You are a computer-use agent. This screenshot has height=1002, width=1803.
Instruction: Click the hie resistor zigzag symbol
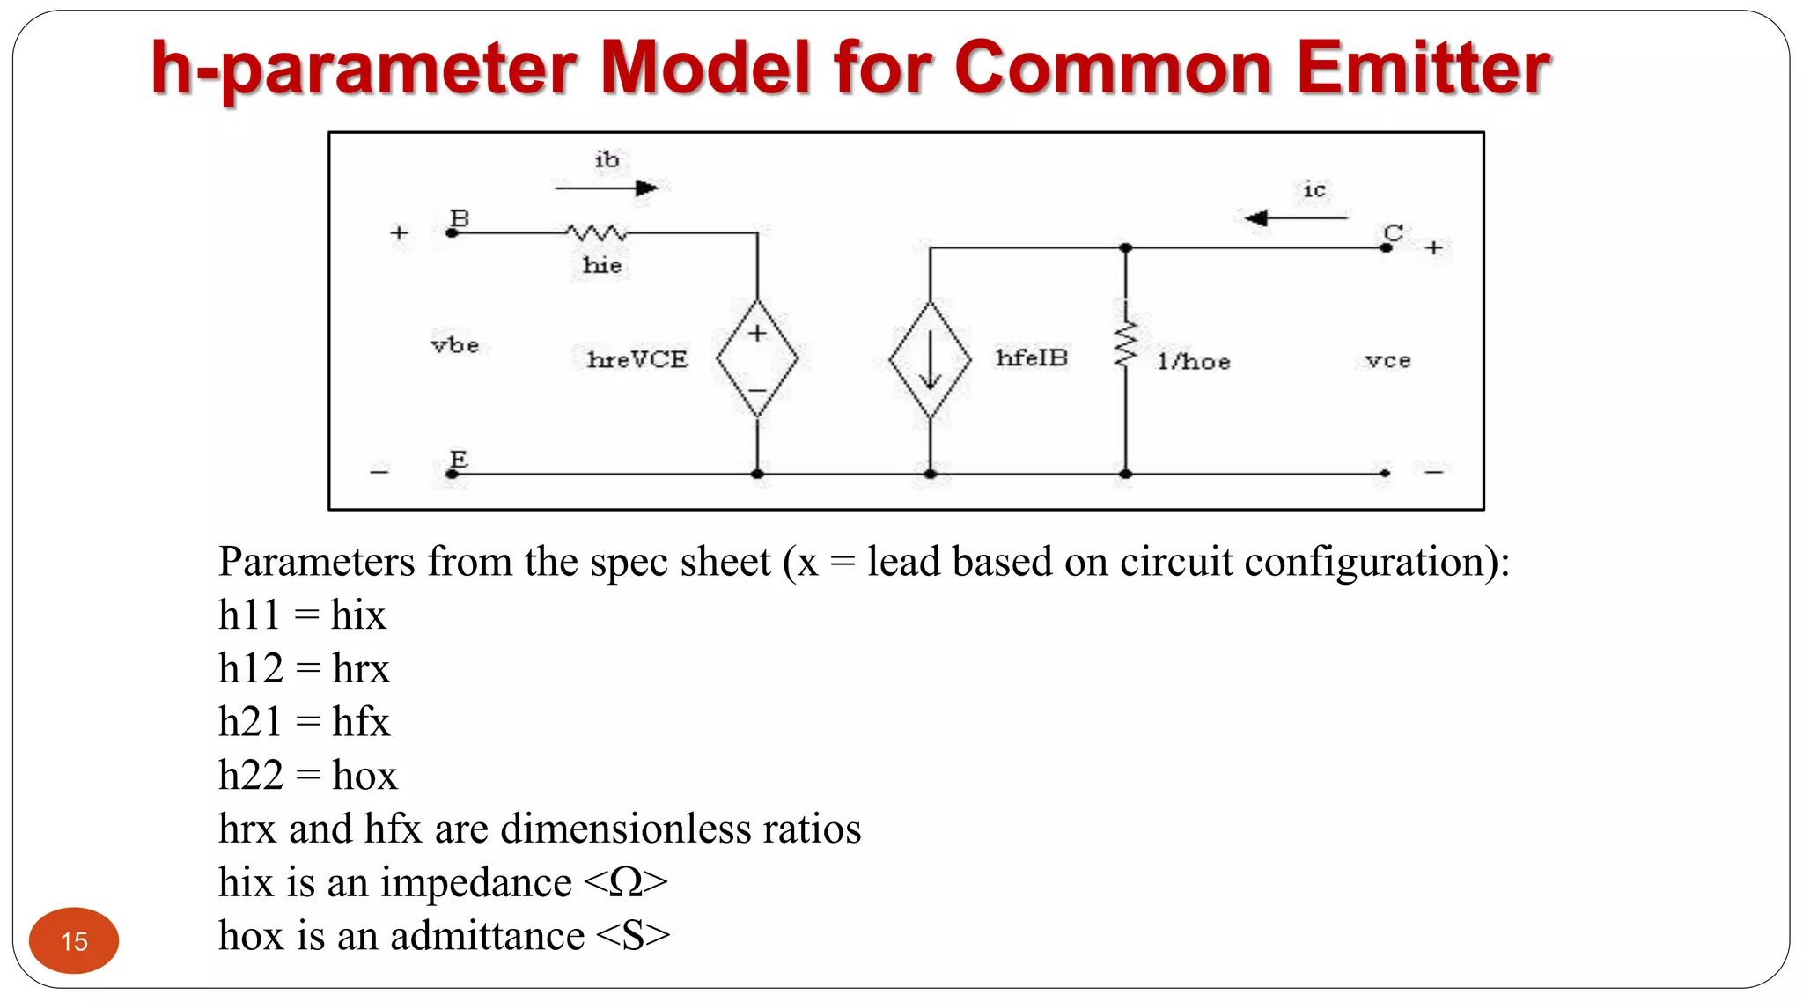597,233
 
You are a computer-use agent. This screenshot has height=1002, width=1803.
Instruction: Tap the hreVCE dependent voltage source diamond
757,358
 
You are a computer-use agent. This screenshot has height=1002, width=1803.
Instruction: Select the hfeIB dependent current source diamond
930,359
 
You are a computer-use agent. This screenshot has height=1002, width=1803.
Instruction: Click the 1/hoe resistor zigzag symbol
1125,345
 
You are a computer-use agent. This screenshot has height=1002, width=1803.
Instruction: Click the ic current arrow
1295,217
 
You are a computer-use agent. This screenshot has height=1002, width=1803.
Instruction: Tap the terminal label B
460,217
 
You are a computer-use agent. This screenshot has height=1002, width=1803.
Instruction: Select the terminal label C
1393,232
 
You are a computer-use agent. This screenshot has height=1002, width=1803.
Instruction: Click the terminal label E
459,459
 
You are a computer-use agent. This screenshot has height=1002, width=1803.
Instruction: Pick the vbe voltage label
455,345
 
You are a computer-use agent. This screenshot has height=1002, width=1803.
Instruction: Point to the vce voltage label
1387,360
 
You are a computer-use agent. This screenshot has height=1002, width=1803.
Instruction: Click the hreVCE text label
637,359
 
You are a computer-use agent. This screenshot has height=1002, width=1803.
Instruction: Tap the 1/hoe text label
1194,361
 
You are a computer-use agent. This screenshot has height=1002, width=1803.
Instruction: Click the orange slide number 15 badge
74,940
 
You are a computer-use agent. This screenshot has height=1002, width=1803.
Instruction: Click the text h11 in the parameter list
248,615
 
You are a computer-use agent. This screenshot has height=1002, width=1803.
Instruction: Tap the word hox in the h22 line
364,775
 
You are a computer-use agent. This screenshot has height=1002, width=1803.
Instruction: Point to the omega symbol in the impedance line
625,882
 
